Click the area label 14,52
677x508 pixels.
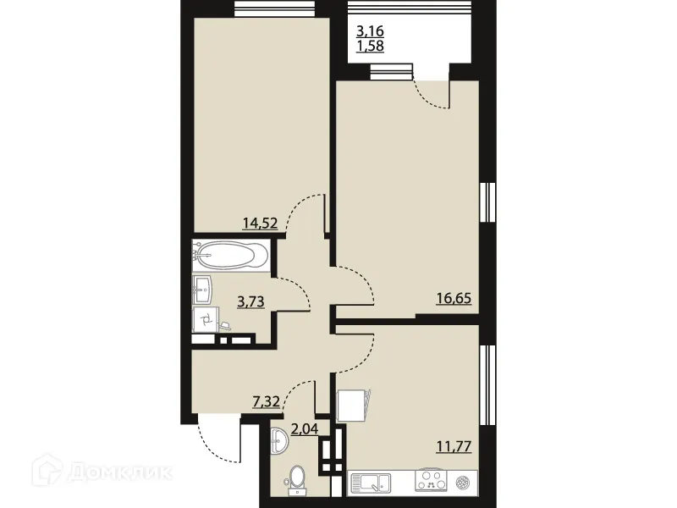click(261, 224)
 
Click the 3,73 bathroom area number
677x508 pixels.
click(251, 302)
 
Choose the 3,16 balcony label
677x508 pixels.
click(370, 33)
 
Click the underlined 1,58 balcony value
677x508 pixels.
click(370, 47)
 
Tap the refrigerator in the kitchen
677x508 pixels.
click(354, 406)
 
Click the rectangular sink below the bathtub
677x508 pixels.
click(203, 289)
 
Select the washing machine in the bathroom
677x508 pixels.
click(206, 319)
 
